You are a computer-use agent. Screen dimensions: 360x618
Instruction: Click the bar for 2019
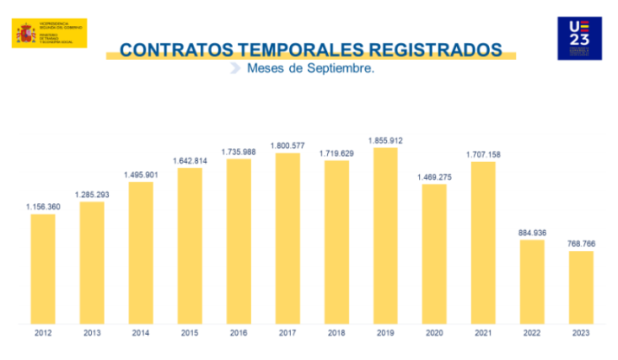coord(385,235)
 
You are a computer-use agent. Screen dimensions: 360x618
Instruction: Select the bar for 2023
coord(581,287)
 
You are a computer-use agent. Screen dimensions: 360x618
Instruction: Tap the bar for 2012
coord(42,268)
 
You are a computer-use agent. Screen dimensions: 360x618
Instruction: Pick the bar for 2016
coord(238,241)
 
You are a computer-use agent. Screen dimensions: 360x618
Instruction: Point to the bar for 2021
coord(483,242)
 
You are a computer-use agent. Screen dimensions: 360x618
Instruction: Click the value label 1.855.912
coord(385,140)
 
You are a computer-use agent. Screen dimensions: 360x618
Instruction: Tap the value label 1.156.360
coord(42,207)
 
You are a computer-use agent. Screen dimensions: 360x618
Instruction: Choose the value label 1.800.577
coord(287,146)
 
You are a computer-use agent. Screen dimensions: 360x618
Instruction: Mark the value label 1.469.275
coord(435,177)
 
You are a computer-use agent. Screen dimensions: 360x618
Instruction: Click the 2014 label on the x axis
coord(140,333)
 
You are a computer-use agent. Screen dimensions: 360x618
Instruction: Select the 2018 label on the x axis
coord(336,333)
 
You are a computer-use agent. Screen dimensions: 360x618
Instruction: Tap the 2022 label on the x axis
coord(532,333)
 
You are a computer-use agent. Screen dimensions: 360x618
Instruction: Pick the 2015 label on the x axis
coord(190,333)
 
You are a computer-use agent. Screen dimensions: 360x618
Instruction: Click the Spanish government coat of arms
coord(25,34)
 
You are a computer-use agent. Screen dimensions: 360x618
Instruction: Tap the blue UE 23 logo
coord(579,38)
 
